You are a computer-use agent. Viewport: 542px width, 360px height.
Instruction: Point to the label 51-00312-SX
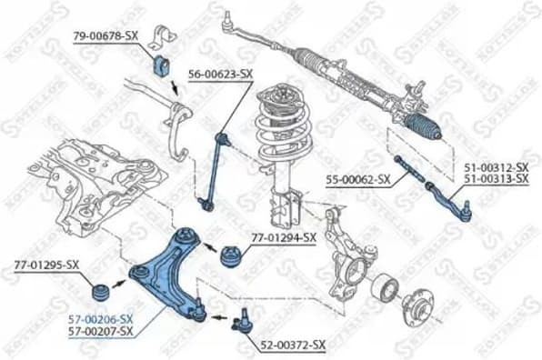[496, 168]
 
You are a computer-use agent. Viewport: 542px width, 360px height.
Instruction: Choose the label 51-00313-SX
[496, 180]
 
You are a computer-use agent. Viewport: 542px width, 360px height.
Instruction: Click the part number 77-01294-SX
[283, 238]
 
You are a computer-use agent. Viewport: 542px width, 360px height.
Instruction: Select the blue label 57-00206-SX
[101, 319]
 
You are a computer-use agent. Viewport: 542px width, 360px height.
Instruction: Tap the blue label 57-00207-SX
[101, 332]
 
